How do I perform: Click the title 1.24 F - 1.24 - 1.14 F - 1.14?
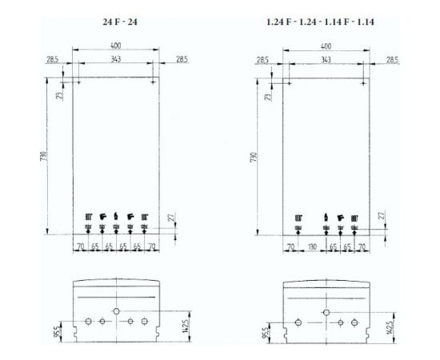point(324,21)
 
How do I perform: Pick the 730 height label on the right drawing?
point(252,155)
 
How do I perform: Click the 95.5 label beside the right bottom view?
point(266,331)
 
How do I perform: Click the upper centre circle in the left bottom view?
point(116,310)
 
